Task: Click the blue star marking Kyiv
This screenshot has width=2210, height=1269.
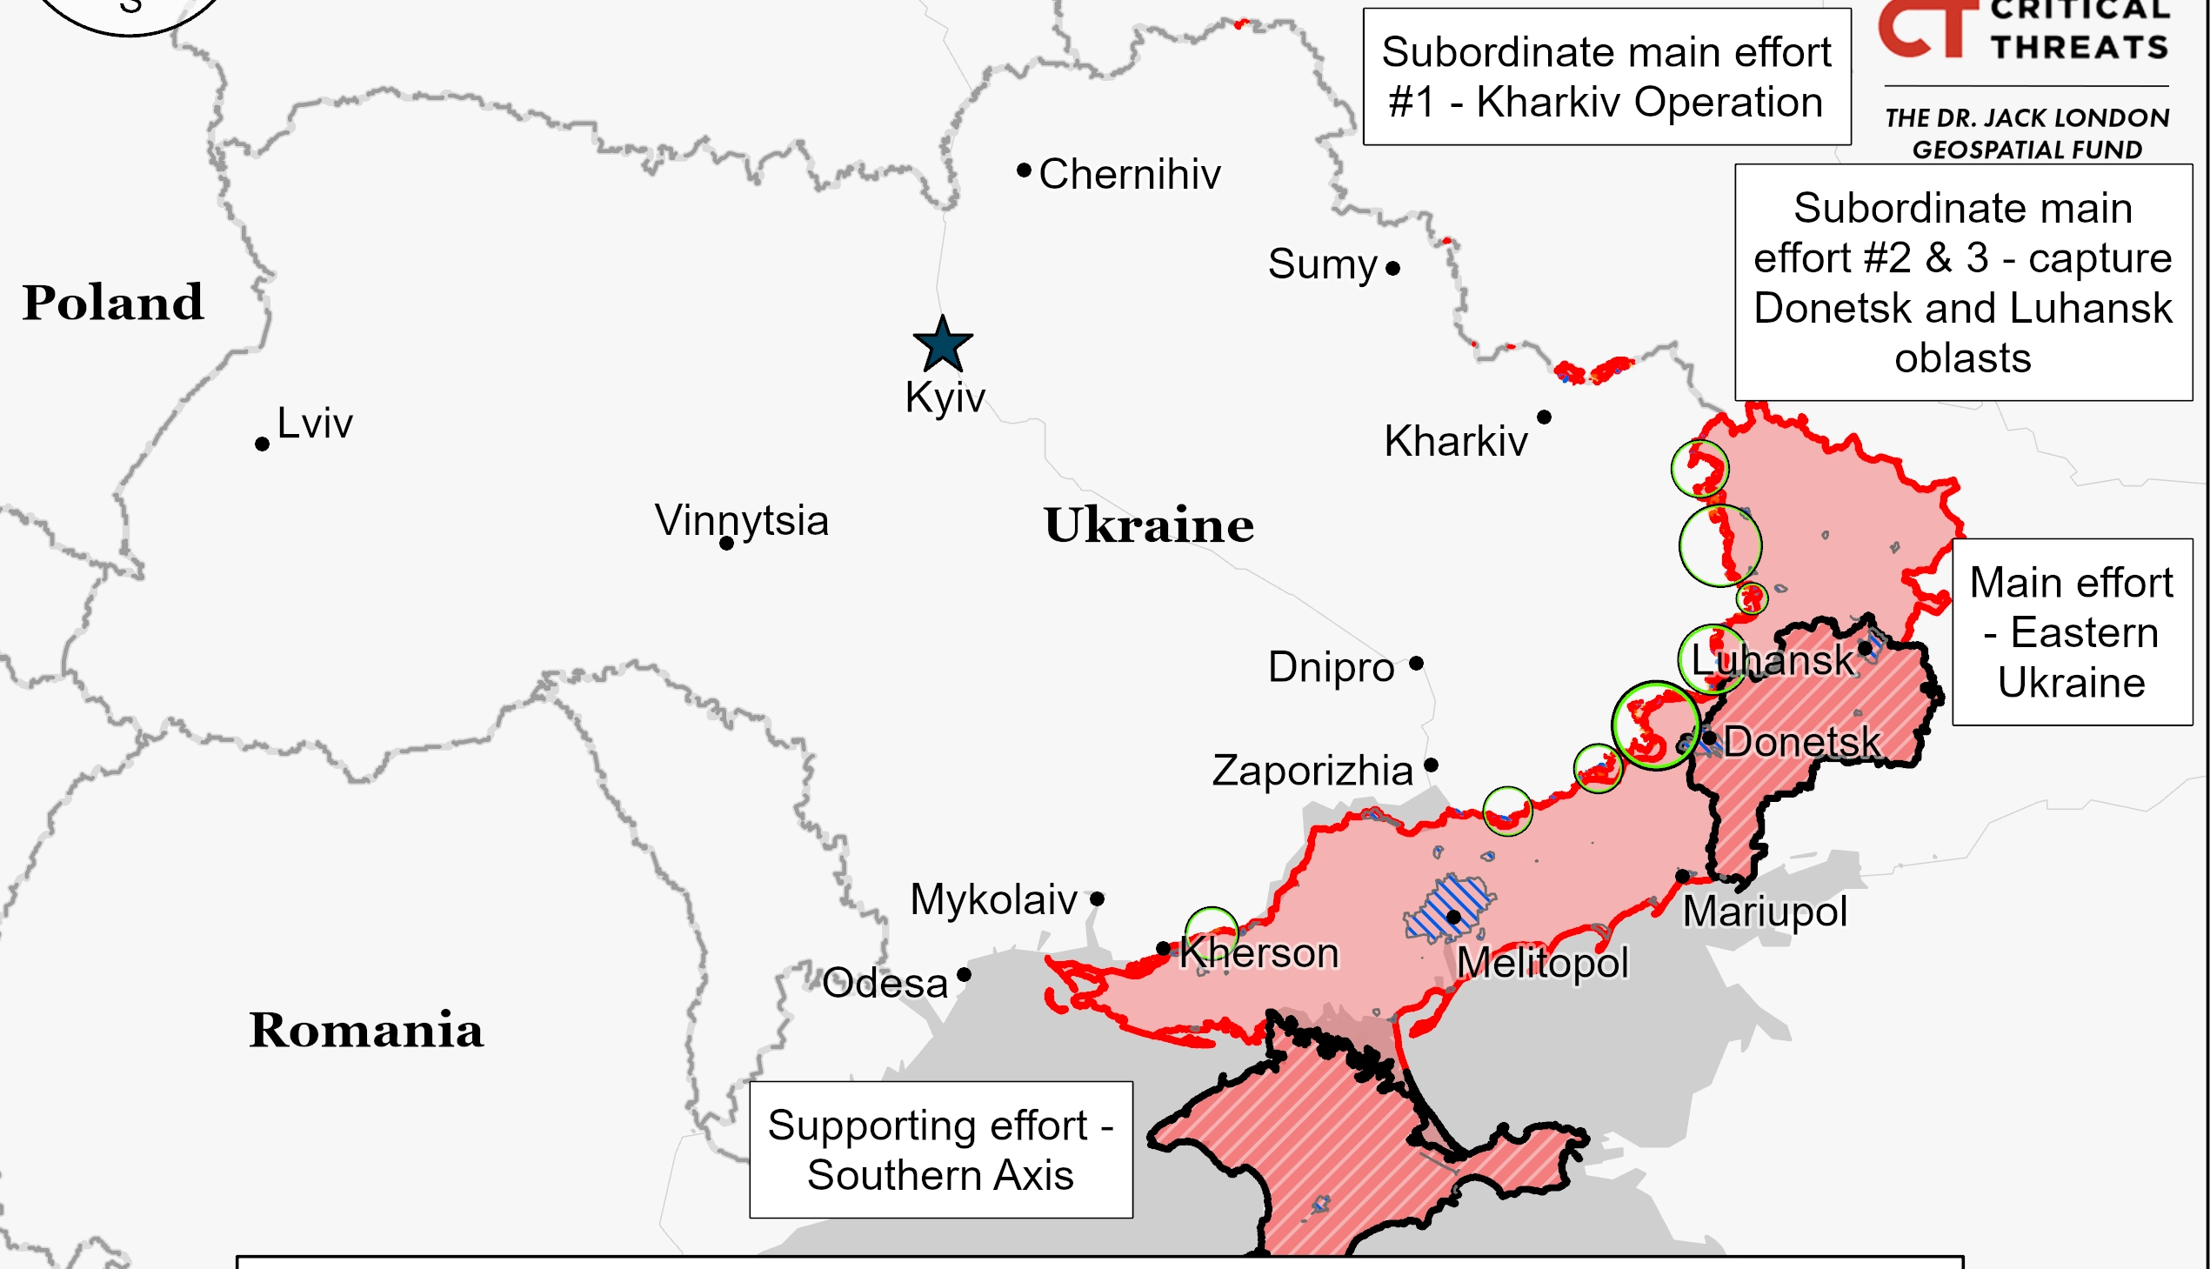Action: (942, 345)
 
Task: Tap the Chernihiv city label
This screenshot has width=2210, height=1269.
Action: (1130, 174)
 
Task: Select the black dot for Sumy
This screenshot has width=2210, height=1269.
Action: (1392, 269)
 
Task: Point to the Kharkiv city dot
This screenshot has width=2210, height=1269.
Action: (1543, 417)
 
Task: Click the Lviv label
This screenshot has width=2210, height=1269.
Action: (315, 424)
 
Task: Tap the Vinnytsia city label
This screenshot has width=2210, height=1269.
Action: (742, 520)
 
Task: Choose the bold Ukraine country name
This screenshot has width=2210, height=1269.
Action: (1149, 525)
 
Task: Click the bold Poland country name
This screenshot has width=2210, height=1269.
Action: (113, 303)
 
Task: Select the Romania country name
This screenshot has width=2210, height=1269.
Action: (366, 1030)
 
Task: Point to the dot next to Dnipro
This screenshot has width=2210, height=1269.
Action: (1416, 665)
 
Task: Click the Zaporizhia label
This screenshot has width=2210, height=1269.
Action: (1312, 771)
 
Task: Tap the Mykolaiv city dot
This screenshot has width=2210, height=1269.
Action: (1097, 898)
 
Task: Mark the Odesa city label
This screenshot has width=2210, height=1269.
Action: (885, 984)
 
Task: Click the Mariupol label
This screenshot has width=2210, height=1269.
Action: (1764, 912)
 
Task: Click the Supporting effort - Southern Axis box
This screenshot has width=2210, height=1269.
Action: (940, 1150)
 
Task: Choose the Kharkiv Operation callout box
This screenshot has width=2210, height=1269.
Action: (1606, 77)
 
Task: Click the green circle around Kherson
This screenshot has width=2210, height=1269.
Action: (1212, 931)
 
